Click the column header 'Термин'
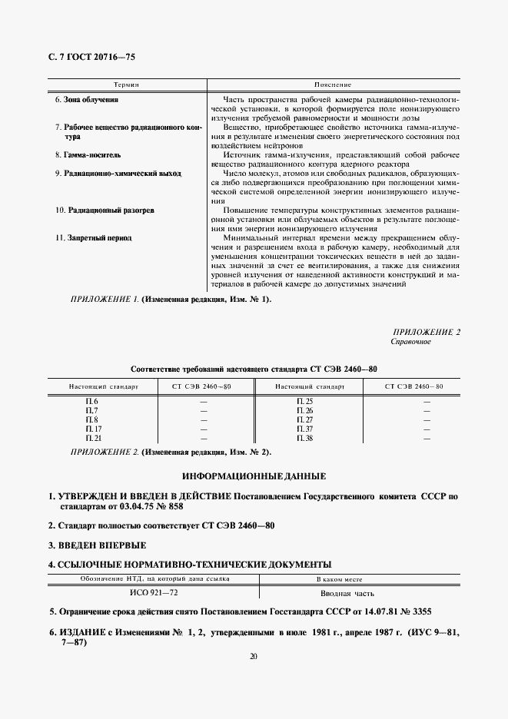point(125,83)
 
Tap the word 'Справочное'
point(410,341)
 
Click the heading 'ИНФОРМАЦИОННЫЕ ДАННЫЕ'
point(254,476)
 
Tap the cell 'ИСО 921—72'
point(154,593)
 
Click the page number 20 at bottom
point(254,655)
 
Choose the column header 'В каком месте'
point(339,579)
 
